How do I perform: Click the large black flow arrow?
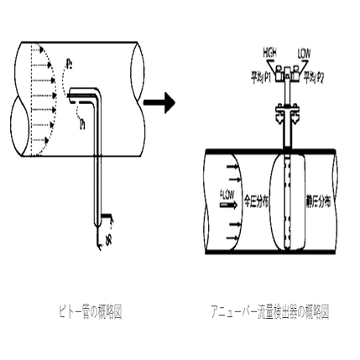[x=160, y=103]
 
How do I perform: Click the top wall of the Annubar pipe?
[x=269, y=151]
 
